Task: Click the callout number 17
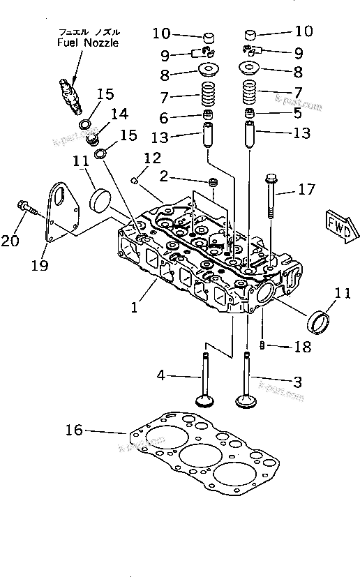(x=306, y=189)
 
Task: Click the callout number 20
(x=10, y=241)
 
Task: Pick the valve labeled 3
(x=246, y=380)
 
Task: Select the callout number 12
(x=152, y=157)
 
